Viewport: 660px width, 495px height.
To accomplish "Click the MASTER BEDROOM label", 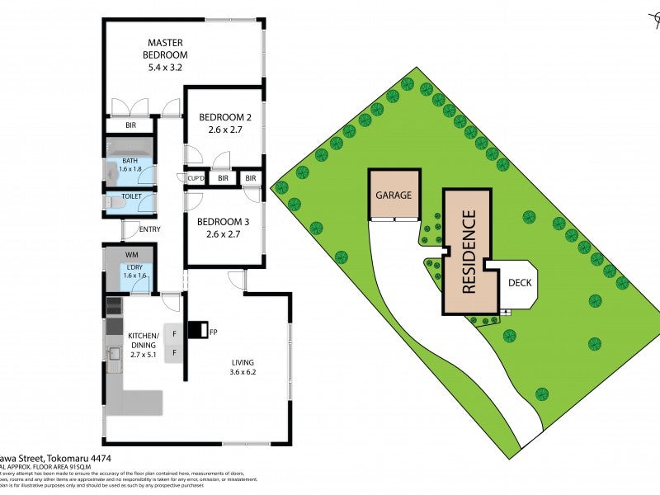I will [x=165, y=49].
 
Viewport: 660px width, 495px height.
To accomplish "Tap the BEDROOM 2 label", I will [x=224, y=124].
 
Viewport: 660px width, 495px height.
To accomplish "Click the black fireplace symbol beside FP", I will [x=199, y=330].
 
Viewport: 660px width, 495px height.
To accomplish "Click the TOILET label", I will [x=131, y=197].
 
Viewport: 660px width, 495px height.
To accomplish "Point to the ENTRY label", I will [x=150, y=229].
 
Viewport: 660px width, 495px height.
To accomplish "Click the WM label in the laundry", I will [x=131, y=255].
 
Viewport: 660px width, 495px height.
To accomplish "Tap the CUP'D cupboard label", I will [x=196, y=178].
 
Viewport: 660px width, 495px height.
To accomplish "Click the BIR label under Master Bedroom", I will [x=130, y=126].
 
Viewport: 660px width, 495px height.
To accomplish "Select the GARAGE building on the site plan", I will [x=394, y=196].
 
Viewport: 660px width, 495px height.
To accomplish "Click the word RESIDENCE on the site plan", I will [x=469, y=252].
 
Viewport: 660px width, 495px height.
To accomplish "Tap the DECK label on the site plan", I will [x=520, y=284].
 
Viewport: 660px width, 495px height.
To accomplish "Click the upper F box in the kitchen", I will [x=174, y=334].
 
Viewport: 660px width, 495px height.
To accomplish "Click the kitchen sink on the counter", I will [x=114, y=353].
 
